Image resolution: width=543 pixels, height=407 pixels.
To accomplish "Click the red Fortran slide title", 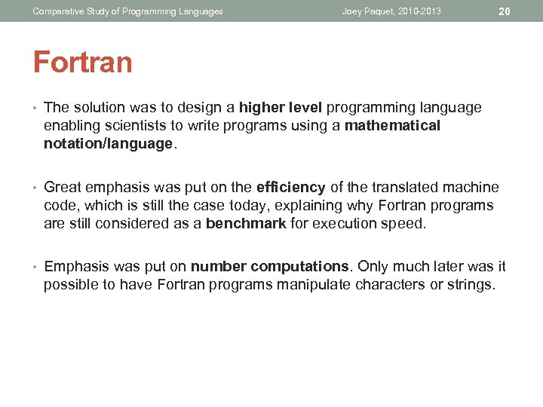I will point(82,62).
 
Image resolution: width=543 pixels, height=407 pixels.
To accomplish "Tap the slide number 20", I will point(505,11).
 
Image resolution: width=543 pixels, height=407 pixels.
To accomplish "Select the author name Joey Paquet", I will point(367,11).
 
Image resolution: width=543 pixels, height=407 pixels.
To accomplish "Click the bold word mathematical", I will point(392,126).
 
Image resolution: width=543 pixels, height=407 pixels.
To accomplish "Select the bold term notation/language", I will point(109,144).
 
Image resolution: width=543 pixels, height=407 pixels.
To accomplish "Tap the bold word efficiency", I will point(290,188).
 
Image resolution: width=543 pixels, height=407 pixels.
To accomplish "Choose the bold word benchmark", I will point(246,224).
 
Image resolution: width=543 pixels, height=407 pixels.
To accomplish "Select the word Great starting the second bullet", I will point(63,188).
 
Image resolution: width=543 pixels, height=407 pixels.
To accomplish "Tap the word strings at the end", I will point(470,285).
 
